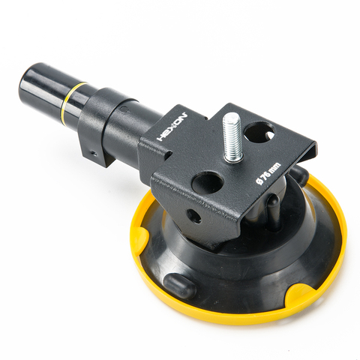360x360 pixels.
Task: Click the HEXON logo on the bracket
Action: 172,127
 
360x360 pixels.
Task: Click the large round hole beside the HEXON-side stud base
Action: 259,132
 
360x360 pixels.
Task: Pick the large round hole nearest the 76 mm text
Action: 207,182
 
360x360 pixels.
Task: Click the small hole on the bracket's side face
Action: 194,216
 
